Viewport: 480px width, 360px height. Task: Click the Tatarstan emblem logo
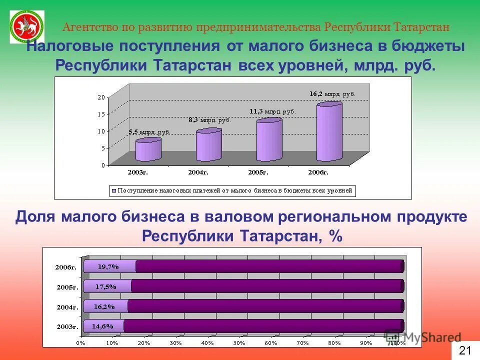click(x=27, y=26)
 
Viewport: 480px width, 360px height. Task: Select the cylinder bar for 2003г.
click(x=148, y=150)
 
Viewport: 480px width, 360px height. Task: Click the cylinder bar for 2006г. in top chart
click(x=329, y=132)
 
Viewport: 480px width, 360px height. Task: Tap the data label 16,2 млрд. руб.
click(x=332, y=93)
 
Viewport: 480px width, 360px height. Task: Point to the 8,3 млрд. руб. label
click(x=209, y=120)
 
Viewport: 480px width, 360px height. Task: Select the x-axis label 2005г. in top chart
click(x=259, y=172)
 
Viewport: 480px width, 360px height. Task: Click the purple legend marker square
click(x=113, y=190)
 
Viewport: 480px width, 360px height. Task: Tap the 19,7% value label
click(x=108, y=266)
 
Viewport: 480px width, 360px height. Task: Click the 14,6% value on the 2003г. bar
click(x=102, y=326)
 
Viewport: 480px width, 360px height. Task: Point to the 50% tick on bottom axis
click(x=238, y=343)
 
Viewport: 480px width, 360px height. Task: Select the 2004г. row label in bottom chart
click(x=67, y=307)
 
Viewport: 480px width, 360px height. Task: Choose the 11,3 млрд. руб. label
click(x=272, y=111)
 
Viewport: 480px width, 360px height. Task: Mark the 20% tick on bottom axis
click(x=143, y=343)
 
